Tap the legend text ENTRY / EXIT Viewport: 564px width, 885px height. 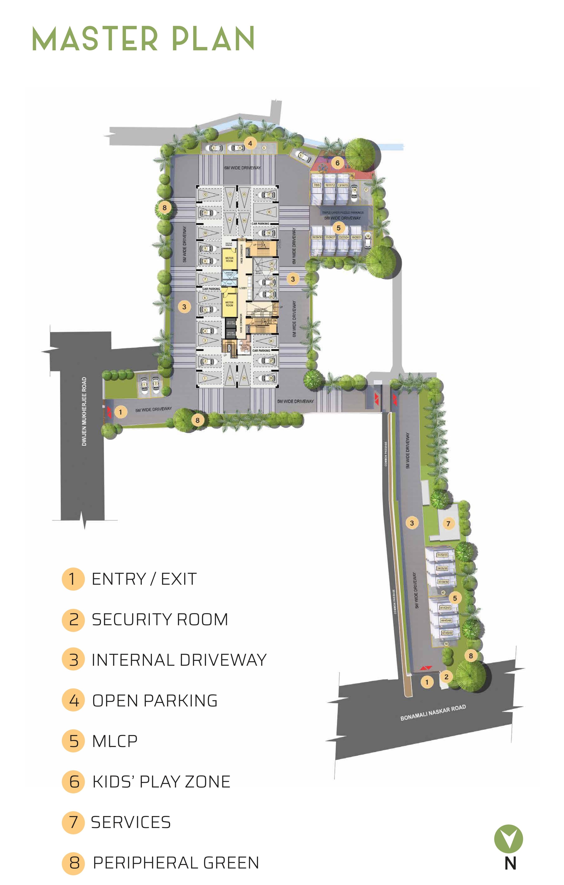point(144,579)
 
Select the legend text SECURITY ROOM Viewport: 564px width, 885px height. point(160,620)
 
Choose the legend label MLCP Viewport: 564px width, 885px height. point(115,741)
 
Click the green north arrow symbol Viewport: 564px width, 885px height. point(508,838)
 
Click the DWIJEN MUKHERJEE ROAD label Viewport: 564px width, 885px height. point(84,412)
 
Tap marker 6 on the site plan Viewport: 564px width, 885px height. point(338,163)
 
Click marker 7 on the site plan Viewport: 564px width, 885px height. point(448,523)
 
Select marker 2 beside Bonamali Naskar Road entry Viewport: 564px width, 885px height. point(446,677)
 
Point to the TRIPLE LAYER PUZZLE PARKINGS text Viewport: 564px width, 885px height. point(343,212)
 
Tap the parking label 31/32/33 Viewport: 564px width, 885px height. point(442,555)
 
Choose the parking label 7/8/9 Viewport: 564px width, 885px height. point(316,185)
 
